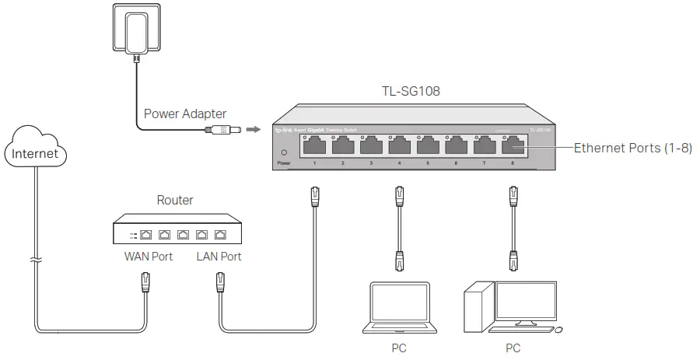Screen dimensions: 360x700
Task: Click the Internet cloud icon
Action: [x=36, y=152]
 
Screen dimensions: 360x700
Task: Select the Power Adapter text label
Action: [x=185, y=114]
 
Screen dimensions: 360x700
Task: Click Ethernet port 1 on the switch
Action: [x=314, y=145]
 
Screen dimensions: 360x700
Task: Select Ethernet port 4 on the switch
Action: [x=399, y=145]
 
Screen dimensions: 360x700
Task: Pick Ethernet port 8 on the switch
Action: [x=513, y=145]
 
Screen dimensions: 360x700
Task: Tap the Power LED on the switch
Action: [x=284, y=152]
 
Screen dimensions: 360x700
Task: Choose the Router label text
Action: [x=175, y=200]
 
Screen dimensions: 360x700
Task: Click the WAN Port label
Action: [x=148, y=257]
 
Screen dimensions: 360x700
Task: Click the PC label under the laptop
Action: [x=400, y=348]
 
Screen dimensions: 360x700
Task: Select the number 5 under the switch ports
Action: [x=427, y=163]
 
